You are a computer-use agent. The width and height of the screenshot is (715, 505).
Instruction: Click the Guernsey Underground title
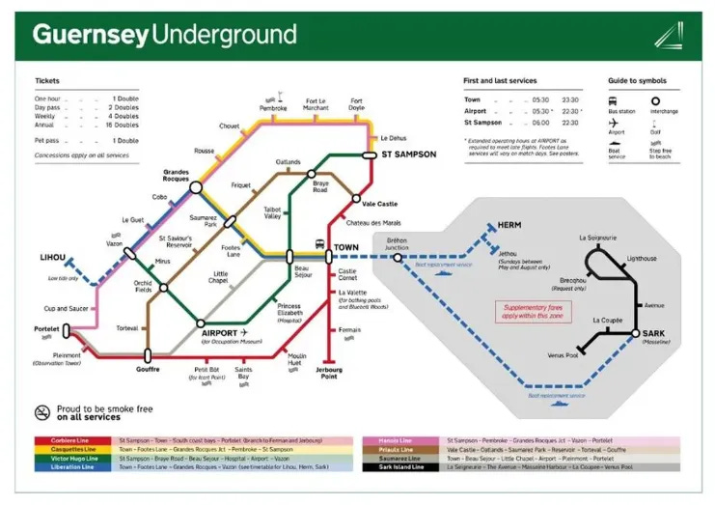[164, 36]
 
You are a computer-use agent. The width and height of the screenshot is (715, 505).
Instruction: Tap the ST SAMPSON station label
[408, 154]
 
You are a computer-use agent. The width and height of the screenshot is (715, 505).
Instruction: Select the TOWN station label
[346, 247]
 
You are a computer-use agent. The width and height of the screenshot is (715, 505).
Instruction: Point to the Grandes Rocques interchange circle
[196, 187]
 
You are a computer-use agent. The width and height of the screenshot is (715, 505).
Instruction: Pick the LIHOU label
[52, 257]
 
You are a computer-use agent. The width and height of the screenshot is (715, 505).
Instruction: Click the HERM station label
[509, 225]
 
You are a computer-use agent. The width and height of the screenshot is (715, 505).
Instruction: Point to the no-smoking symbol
[41, 412]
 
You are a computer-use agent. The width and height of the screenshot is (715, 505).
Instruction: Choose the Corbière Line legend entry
[72, 441]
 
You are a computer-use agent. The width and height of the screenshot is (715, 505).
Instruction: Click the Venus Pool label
[563, 355]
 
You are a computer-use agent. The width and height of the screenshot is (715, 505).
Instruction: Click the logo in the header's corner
[668, 35]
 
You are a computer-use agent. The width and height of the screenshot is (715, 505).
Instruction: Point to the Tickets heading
[47, 81]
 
